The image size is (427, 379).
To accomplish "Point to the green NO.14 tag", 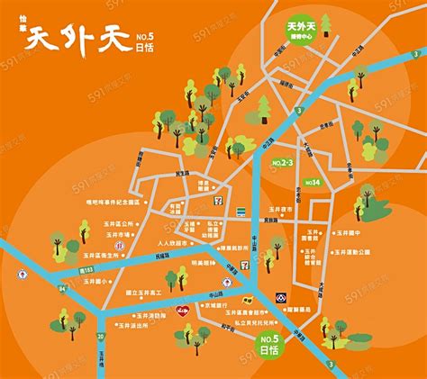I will click(313, 182).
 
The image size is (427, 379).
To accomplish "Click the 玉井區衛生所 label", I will click(93, 256).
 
